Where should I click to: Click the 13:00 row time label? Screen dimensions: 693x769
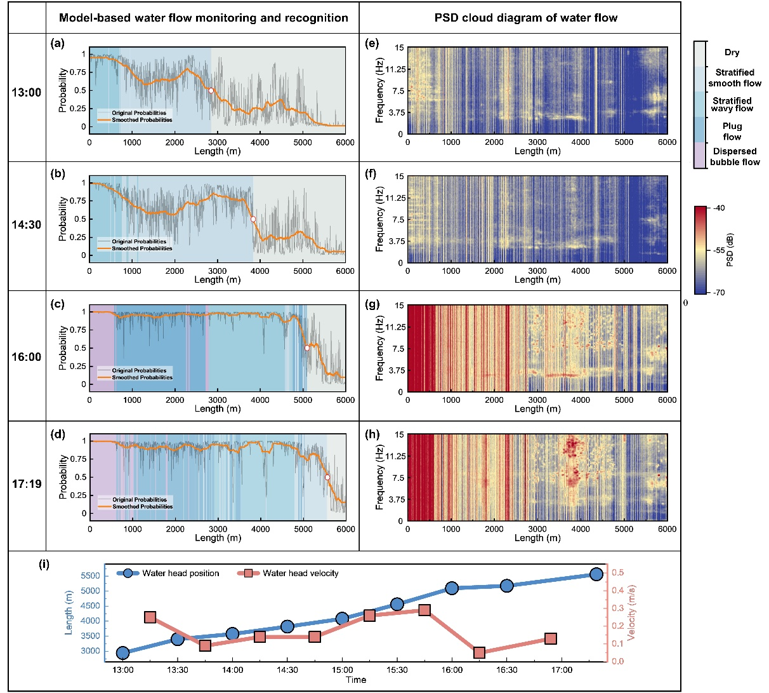[x=26, y=93]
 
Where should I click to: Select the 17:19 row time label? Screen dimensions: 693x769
[x=26, y=484]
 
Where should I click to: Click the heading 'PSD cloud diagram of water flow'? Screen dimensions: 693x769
[x=525, y=18]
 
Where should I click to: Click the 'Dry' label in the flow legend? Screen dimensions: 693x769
[x=732, y=53]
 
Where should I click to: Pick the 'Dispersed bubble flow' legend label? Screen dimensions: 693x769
[x=735, y=157]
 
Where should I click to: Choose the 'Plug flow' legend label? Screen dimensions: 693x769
[x=732, y=131]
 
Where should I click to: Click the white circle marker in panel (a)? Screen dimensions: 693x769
[x=211, y=90]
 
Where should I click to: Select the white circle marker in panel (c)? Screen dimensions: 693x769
[x=307, y=348]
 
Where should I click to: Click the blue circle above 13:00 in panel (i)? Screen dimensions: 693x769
[x=123, y=653]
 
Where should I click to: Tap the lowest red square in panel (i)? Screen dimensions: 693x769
[x=479, y=652]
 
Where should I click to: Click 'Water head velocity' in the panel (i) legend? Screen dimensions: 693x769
[x=300, y=574]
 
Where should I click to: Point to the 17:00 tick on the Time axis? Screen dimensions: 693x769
[x=562, y=670]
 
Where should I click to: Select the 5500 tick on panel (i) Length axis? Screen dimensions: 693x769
[x=91, y=576]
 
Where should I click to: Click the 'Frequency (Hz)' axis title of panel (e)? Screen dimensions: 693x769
[x=379, y=91]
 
